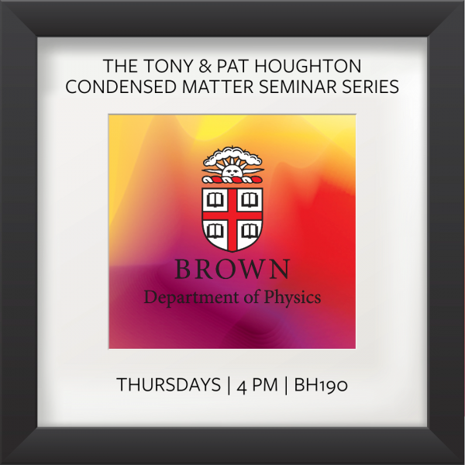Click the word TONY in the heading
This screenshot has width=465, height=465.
pyautogui.click(x=169, y=66)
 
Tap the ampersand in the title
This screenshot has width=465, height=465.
pyautogui.click(x=205, y=66)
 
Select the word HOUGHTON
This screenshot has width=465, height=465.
pyautogui.click(x=308, y=66)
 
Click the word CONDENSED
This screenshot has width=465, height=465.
pyautogui.click(x=121, y=87)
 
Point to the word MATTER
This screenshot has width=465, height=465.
pyautogui.click(x=218, y=87)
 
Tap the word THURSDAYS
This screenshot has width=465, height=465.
pyautogui.click(x=168, y=385)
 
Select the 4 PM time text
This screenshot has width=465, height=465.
pyautogui.click(x=257, y=385)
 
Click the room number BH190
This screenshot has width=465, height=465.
pyautogui.click(x=321, y=385)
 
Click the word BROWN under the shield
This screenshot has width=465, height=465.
pyautogui.click(x=232, y=269)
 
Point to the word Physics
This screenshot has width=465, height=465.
pyautogui.click(x=292, y=298)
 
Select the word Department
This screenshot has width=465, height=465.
pyautogui.click(x=192, y=298)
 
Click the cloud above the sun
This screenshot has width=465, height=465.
pyautogui.click(x=232, y=157)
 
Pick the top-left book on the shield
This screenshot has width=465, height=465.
pyautogui.click(x=215, y=200)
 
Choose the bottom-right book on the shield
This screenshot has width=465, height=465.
pyautogui.click(x=250, y=231)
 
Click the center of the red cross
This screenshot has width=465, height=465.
pyautogui.click(x=232, y=215)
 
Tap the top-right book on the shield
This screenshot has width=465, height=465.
pyautogui.click(x=250, y=200)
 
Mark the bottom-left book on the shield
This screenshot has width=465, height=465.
pyautogui.click(x=215, y=231)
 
